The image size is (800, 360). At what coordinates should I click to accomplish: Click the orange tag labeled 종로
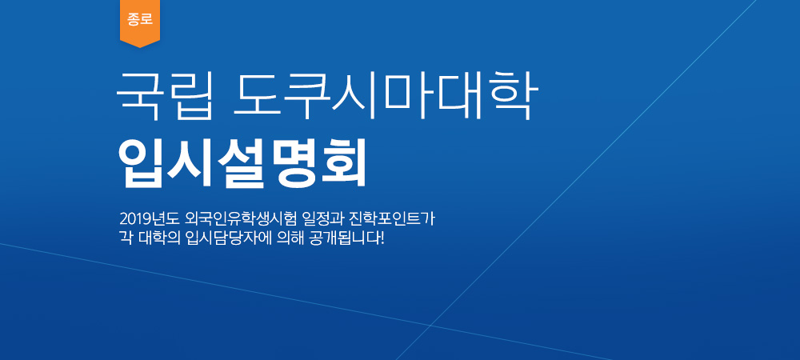140,22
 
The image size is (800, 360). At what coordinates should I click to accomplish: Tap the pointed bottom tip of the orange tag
140,47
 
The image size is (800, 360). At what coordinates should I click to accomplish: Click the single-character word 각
125,238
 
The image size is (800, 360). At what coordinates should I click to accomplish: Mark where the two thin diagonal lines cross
430,325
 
